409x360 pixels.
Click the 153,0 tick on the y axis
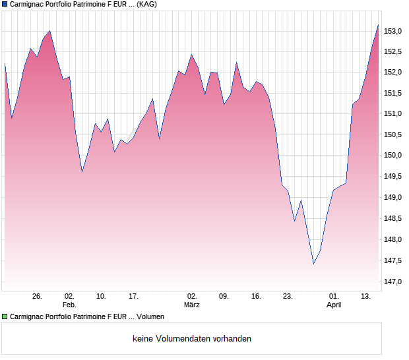(x=394, y=32)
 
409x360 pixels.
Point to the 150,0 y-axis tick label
(x=394, y=156)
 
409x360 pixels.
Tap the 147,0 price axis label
(x=394, y=282)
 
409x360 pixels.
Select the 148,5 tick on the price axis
(x=394, y=218)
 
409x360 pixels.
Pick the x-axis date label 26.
(x=37, y=296)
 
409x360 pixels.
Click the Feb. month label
(x=69, y=305)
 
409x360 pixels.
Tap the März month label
(x=191, y=305)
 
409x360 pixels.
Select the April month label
(x=334, y=305)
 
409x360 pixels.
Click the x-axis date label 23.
(x=287, y=296)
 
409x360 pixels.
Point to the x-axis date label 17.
(x=133, y=296)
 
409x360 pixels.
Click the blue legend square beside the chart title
(x=5, y=4)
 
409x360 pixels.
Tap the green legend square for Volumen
(x=5, y=317)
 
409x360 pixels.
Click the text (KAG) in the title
(x=146, y=4)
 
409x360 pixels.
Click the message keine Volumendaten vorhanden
(x=192, y=339)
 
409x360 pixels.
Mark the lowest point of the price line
(x=314, y=264)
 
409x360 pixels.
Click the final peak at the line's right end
(x=378, y=25)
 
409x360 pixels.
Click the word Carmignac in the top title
(x=28, y=4)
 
